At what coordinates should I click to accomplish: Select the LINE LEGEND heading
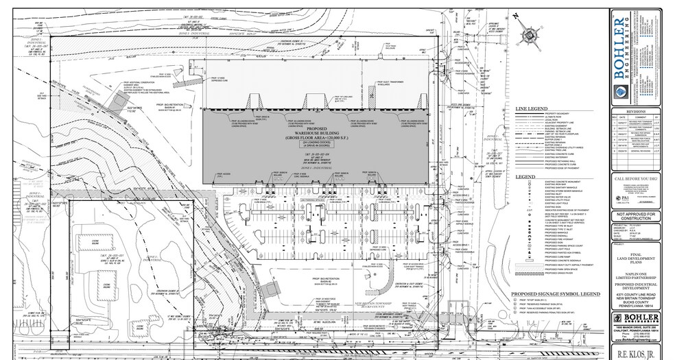(532, 109)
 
